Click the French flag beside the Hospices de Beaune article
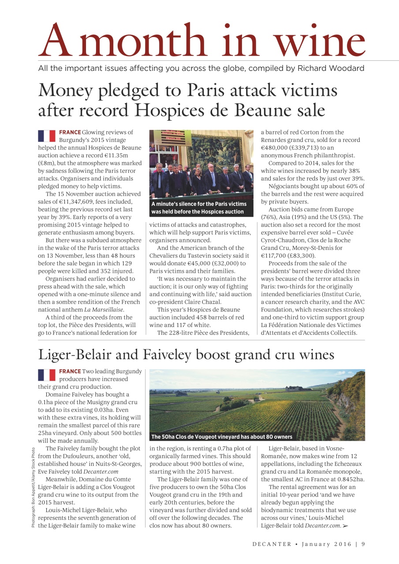pyautogui.click(x=46, y=136)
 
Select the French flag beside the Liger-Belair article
pyautogui.click(x=46, y=375)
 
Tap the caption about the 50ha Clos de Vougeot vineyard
pyautogui.click(x=221, y=437)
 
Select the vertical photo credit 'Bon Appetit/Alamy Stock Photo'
pyautogui.click(x=33, y=484)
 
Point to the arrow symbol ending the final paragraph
pyautogui.click(x=345, y=526)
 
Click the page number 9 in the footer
pyautogui.click(x=363, y=544)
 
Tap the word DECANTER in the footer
pyautogui.click(x=272, y=544)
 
